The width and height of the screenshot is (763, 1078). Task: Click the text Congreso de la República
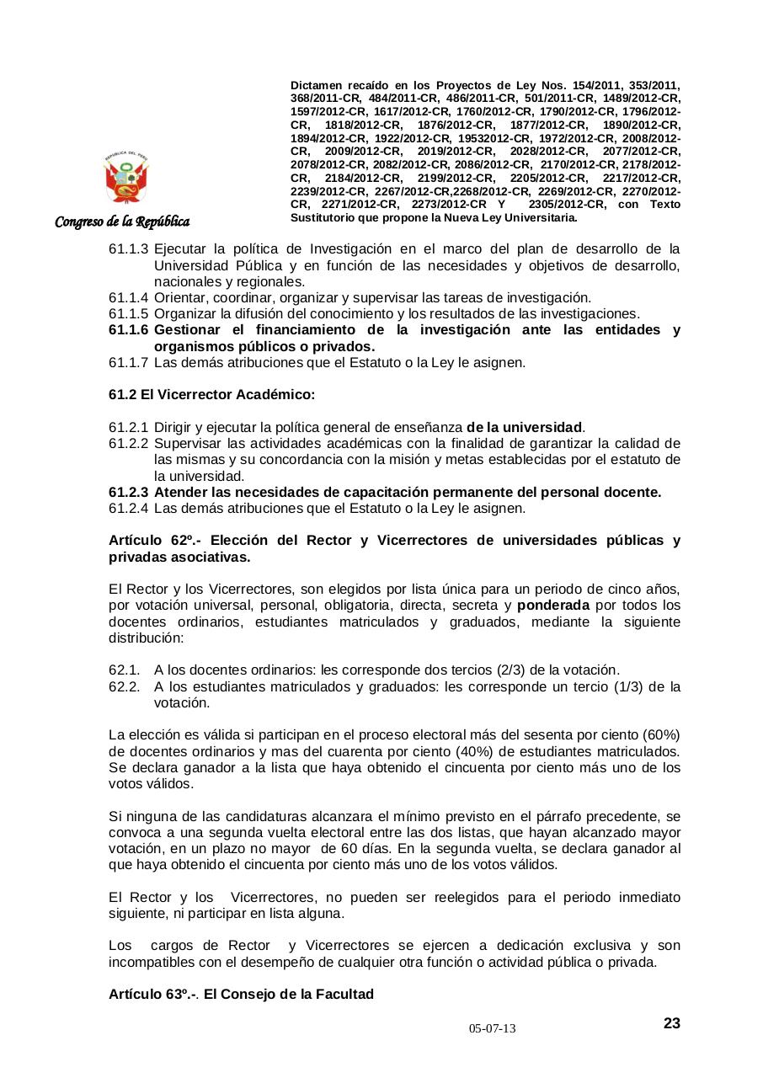pos(122,221)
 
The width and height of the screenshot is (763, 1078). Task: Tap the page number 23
pos(671,1023)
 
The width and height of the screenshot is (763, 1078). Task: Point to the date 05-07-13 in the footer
pos(493,1029)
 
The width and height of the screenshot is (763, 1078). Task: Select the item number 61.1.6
pos(128,330)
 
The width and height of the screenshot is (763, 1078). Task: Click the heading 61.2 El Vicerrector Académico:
pos(211,394)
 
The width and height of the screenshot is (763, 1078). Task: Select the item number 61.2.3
pos(128,492)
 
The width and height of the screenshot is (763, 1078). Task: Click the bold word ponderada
pos(552,606)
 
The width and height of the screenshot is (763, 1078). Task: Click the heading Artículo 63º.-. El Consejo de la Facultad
pos(241,995)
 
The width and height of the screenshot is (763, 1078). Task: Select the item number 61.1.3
pos(128,249)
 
